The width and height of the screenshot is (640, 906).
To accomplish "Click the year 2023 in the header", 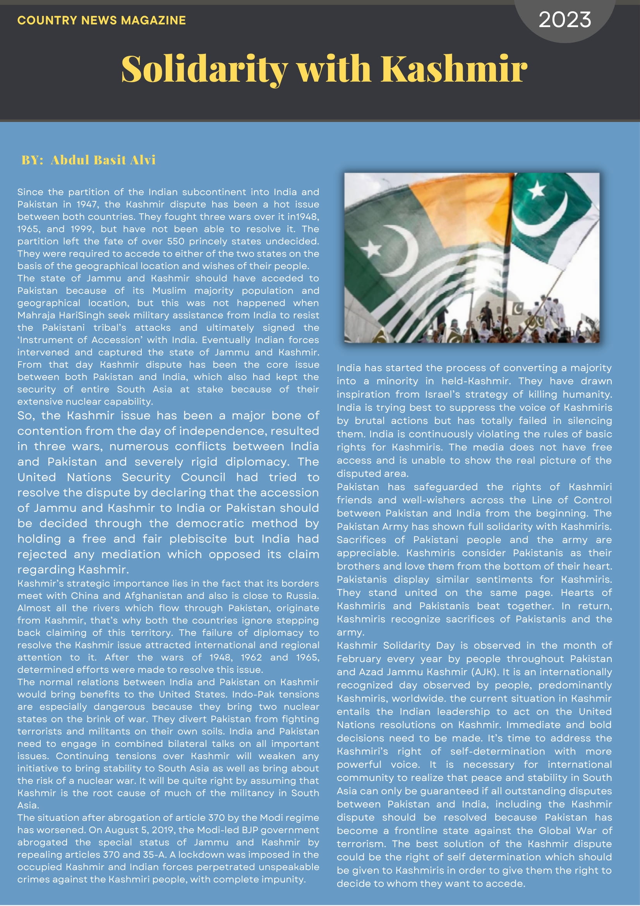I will (565, 20).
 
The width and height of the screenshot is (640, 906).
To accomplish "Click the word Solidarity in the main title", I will (204, 69).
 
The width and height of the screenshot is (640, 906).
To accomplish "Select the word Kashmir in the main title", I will (454, 69).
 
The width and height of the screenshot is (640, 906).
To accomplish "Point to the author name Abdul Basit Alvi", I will (103, 160).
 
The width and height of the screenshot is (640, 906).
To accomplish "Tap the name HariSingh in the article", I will (82, 315).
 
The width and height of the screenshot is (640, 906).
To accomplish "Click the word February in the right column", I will (359, 659).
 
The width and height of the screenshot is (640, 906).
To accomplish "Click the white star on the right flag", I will (537, 191).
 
